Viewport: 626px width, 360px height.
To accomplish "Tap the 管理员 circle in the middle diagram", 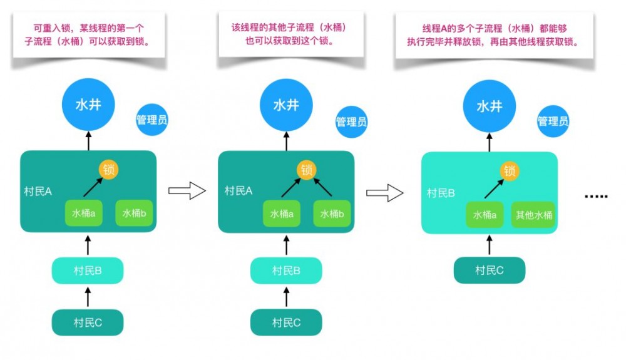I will click(x=351, y=121).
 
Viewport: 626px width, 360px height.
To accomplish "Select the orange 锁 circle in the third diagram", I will click(x=510, y=170).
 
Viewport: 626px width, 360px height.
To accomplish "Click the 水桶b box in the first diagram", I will click(x=135, y=213).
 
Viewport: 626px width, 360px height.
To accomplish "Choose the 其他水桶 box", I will click(x=534, y=215).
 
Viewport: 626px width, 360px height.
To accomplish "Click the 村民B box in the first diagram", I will click(x=88, y=271).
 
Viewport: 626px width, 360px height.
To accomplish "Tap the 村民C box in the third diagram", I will click(x=489, y=270).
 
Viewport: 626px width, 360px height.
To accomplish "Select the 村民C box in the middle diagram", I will click(x=286, y=322).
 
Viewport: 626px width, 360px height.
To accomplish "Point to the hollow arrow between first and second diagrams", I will click(x=188, y=191).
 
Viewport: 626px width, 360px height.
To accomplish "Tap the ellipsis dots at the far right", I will click(x=595, y=196).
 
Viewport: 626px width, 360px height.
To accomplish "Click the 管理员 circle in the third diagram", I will click(x=553, y=121).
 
